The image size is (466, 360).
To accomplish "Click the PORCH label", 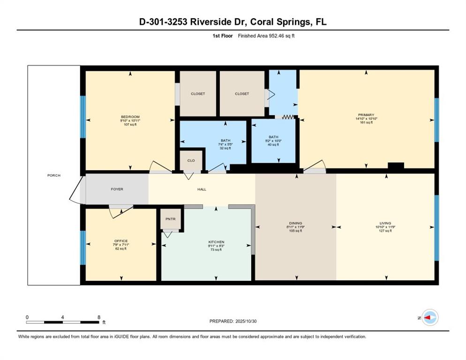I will (54, 175).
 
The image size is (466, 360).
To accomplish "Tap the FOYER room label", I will (117, 189).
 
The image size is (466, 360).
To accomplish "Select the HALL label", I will (202, 189).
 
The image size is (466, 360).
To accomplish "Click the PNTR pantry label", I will (170, 219).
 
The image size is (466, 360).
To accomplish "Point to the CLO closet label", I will (191, 160).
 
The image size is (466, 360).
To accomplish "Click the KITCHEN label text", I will (216, 242).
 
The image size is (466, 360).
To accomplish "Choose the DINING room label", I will (295, 223).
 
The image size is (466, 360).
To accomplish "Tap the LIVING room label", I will (385, 223).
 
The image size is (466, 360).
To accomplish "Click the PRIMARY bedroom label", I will (366, 115).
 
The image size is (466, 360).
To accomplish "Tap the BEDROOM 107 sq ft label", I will (130, 117).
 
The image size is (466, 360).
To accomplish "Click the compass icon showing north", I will (429, 317).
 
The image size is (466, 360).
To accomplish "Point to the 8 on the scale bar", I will (99, 317).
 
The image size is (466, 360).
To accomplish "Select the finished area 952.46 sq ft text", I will (266, 36).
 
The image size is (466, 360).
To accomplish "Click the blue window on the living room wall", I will (436, 227).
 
